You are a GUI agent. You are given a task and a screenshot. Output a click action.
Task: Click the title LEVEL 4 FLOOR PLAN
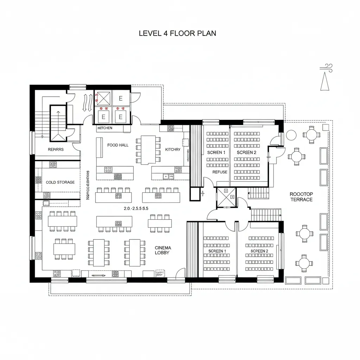pos(178,33)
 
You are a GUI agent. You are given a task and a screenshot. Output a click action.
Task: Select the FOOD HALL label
pos(118,145)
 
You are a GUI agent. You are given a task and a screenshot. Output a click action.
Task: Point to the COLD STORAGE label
pos(60,182)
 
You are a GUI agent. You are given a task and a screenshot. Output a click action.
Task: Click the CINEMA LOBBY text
pos(163,250)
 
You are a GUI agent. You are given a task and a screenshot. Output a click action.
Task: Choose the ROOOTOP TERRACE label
pos(301,197)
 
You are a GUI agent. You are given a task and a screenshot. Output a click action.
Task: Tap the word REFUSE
pos(220,172)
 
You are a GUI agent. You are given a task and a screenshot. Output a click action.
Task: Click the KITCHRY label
pos(173,149)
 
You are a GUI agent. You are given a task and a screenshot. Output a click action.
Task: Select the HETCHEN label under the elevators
pos(105,128)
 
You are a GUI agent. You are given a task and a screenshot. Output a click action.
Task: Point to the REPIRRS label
pos(56,149)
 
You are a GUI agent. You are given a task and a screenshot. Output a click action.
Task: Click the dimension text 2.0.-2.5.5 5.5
pos(136,208)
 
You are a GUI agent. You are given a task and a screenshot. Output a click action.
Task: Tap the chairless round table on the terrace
pos(291,135)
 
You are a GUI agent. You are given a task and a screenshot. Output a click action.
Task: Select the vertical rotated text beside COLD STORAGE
pos(88,185)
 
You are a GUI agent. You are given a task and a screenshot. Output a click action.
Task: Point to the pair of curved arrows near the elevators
pos(87,103)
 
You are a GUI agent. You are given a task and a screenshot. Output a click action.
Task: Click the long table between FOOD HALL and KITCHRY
pos(148,150)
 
